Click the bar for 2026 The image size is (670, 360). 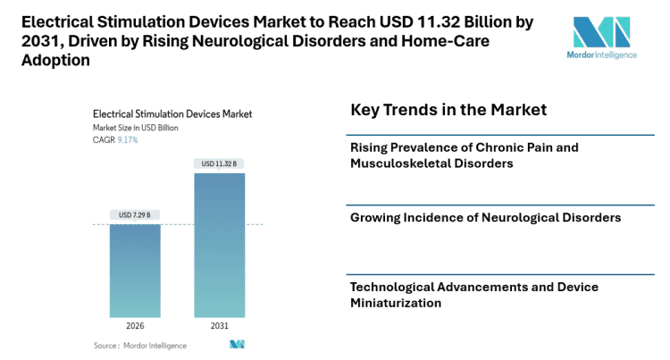(135, 270)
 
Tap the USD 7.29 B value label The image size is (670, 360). (135, 214)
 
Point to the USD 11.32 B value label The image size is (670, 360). (219, 163)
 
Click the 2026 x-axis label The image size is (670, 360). (135, 326)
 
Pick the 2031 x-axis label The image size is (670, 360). (219, 326)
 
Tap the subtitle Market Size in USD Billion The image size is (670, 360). (136, 128)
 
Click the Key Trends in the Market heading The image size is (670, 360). (448, 110)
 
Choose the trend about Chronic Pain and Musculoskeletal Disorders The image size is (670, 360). (465, 155)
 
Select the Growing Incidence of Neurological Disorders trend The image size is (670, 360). (485, 217)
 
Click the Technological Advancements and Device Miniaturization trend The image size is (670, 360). (473, 295)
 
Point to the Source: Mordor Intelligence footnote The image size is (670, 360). (140, 345)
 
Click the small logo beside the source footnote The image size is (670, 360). (237, 345)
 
